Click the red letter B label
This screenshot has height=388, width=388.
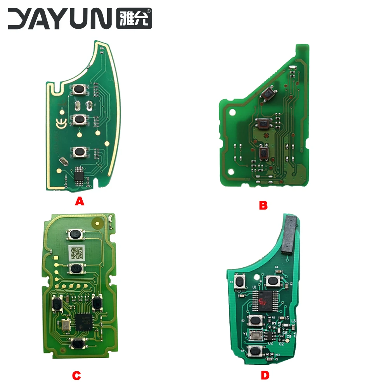click(263, 205)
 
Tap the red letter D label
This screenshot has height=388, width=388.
click(265, 375)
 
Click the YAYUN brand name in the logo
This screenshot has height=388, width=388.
click(60, 19)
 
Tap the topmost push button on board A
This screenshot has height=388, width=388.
click(79, 90)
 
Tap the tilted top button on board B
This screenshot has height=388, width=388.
click(267, 94)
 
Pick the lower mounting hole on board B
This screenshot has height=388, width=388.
click(232, 171)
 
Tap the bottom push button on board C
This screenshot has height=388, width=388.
click(78, 343)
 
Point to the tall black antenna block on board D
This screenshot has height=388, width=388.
click(289, 235)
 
